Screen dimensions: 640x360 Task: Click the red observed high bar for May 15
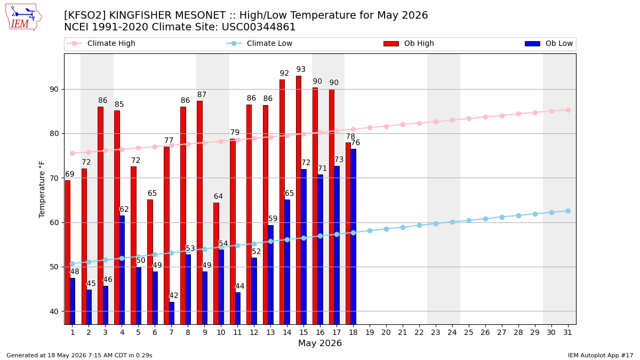click(x=299, y=200)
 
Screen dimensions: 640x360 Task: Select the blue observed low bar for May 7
click(x=172, y=313)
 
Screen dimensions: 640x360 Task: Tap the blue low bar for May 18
click(x=354, y=237)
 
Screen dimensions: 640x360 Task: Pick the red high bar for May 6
click(x=150, y=262)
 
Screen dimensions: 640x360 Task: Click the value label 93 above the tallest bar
click(x=301, y=69)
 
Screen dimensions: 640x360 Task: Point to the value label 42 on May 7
click(x=174, y=295)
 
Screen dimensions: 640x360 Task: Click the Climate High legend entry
click(x=101, y=43)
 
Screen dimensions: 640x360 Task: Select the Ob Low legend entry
click(x=549, y=43)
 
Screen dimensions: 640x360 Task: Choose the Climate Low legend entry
click(x=259, y=43)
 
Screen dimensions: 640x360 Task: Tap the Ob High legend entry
click(x=409, y=43)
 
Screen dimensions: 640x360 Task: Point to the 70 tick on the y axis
click(x=54, y=178)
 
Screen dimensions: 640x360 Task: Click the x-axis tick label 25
click(x=469, y=332)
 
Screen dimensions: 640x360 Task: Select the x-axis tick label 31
click(x=567, y=332)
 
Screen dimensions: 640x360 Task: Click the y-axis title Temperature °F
click(x=42, y=189)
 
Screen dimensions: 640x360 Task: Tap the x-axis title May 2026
click(x=320, y=343)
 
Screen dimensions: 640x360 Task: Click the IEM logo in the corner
click(x=23, y=18)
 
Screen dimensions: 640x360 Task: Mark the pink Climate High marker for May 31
click(x=569, y=110)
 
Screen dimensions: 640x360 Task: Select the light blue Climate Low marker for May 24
click(x=453, y=222)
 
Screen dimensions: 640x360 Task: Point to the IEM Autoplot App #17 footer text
click(x=601, y=355)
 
